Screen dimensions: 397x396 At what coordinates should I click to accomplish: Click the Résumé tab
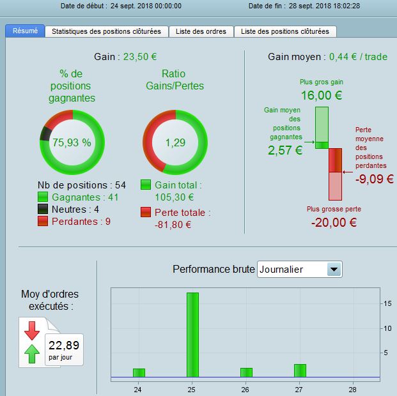point(25,31)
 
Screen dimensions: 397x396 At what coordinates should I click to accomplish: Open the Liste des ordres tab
point(201,31)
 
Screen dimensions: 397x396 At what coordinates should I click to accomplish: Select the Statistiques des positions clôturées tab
point(106,31)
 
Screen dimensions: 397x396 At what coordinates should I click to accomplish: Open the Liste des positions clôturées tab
point(285,31)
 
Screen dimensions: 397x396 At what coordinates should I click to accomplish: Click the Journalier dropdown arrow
point(334,270)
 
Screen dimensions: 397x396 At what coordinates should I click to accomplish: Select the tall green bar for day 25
point(192,335)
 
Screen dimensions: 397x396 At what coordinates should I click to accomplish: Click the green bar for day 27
point(300,370)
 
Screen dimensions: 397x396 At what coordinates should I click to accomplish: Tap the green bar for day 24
point(139,373)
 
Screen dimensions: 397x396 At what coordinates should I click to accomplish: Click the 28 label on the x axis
point(352,390)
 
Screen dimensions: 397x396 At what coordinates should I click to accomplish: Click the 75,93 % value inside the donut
point(72,142)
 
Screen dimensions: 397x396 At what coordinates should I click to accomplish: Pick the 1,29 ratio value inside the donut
point(175,142)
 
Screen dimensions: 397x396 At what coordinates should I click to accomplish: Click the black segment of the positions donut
point(46,133)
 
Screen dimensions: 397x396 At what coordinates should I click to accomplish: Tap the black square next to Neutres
point(43,209)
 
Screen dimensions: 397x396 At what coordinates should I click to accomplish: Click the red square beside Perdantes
point(43,221)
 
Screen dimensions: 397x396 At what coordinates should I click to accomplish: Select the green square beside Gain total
point(146,185)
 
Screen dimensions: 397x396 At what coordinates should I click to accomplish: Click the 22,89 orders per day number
point(64,345)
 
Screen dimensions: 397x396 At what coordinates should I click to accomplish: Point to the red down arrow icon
point(32,331)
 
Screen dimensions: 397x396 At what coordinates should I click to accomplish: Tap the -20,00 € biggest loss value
point(334,223)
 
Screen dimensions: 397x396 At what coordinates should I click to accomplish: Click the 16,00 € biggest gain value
point(322,95)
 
